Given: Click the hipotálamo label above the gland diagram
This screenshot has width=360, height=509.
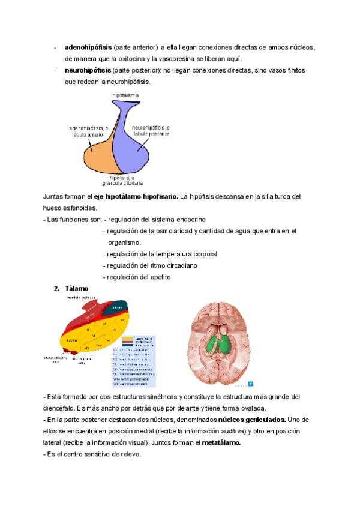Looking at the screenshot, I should (126, 95).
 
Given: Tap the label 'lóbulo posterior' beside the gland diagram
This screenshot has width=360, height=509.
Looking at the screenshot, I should (151, 134).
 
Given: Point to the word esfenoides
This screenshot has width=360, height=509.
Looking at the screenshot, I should (78, 208).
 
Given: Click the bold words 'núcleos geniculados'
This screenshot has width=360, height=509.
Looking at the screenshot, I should (251, 420).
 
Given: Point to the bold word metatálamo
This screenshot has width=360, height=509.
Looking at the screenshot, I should (221, 443).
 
